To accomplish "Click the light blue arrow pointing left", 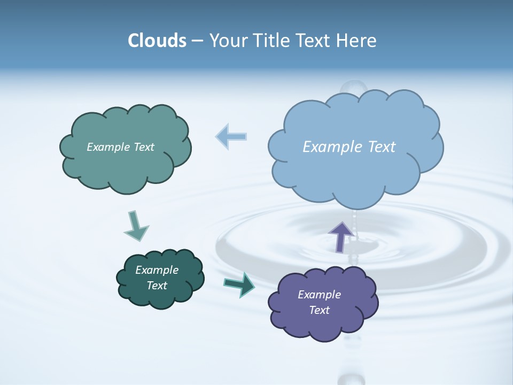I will pos(231,136).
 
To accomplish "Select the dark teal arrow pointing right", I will pos(239,284).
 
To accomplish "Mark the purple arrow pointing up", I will pos(340,236).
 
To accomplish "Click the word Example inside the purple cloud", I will pos(319,295).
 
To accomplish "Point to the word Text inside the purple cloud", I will pos(320,310).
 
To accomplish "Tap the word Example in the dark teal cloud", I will pos(157,270).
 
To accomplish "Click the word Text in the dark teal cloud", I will pos(157,286).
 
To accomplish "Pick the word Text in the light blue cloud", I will pos(380,147).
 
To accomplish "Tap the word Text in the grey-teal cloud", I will pos(144,147).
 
